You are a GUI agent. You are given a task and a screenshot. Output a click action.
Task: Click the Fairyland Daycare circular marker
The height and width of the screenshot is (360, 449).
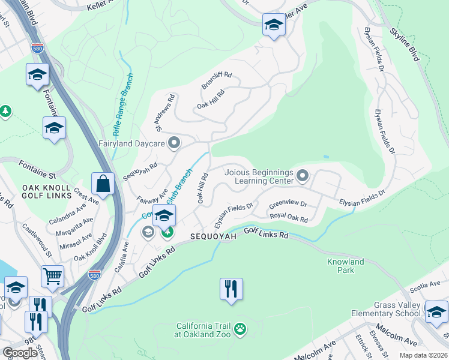[174, 143]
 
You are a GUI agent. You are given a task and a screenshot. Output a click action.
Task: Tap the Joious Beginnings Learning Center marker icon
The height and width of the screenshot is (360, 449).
[303, 176]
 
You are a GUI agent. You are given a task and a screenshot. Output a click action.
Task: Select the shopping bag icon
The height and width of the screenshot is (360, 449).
[103, 184]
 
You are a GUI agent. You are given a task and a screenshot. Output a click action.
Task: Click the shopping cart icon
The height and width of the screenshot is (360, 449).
[53, 277]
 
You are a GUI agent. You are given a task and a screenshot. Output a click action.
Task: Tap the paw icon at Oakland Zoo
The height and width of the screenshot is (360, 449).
[240, 329]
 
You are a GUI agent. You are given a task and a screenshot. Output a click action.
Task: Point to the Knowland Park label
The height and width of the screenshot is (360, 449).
[345, 266]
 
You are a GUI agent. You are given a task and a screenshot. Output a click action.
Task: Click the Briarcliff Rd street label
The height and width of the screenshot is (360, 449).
[216, 82]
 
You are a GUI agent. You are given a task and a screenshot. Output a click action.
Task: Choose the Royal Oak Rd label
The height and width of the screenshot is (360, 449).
[288, 217]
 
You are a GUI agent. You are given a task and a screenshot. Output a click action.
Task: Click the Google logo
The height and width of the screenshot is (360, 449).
[20, 352]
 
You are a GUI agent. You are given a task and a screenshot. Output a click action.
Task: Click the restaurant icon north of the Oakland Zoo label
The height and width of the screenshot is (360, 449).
[231, 289]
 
